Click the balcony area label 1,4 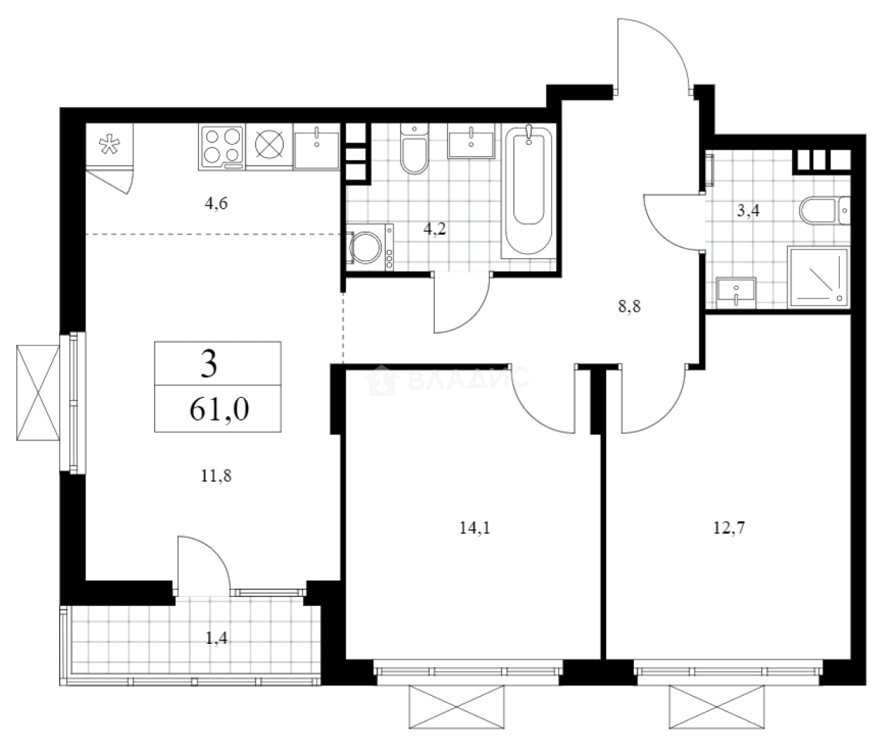click(x=217, y=638)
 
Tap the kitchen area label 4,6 click(x=216, y=203)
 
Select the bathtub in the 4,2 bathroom click(x=528, y=191)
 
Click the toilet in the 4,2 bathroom click(x=413, y=150)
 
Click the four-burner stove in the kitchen click(x=222, y=147)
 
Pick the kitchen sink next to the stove click(x=317, y=147)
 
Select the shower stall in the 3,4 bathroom click(x=818, y=277)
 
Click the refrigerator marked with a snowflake click(x=110, y=147)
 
